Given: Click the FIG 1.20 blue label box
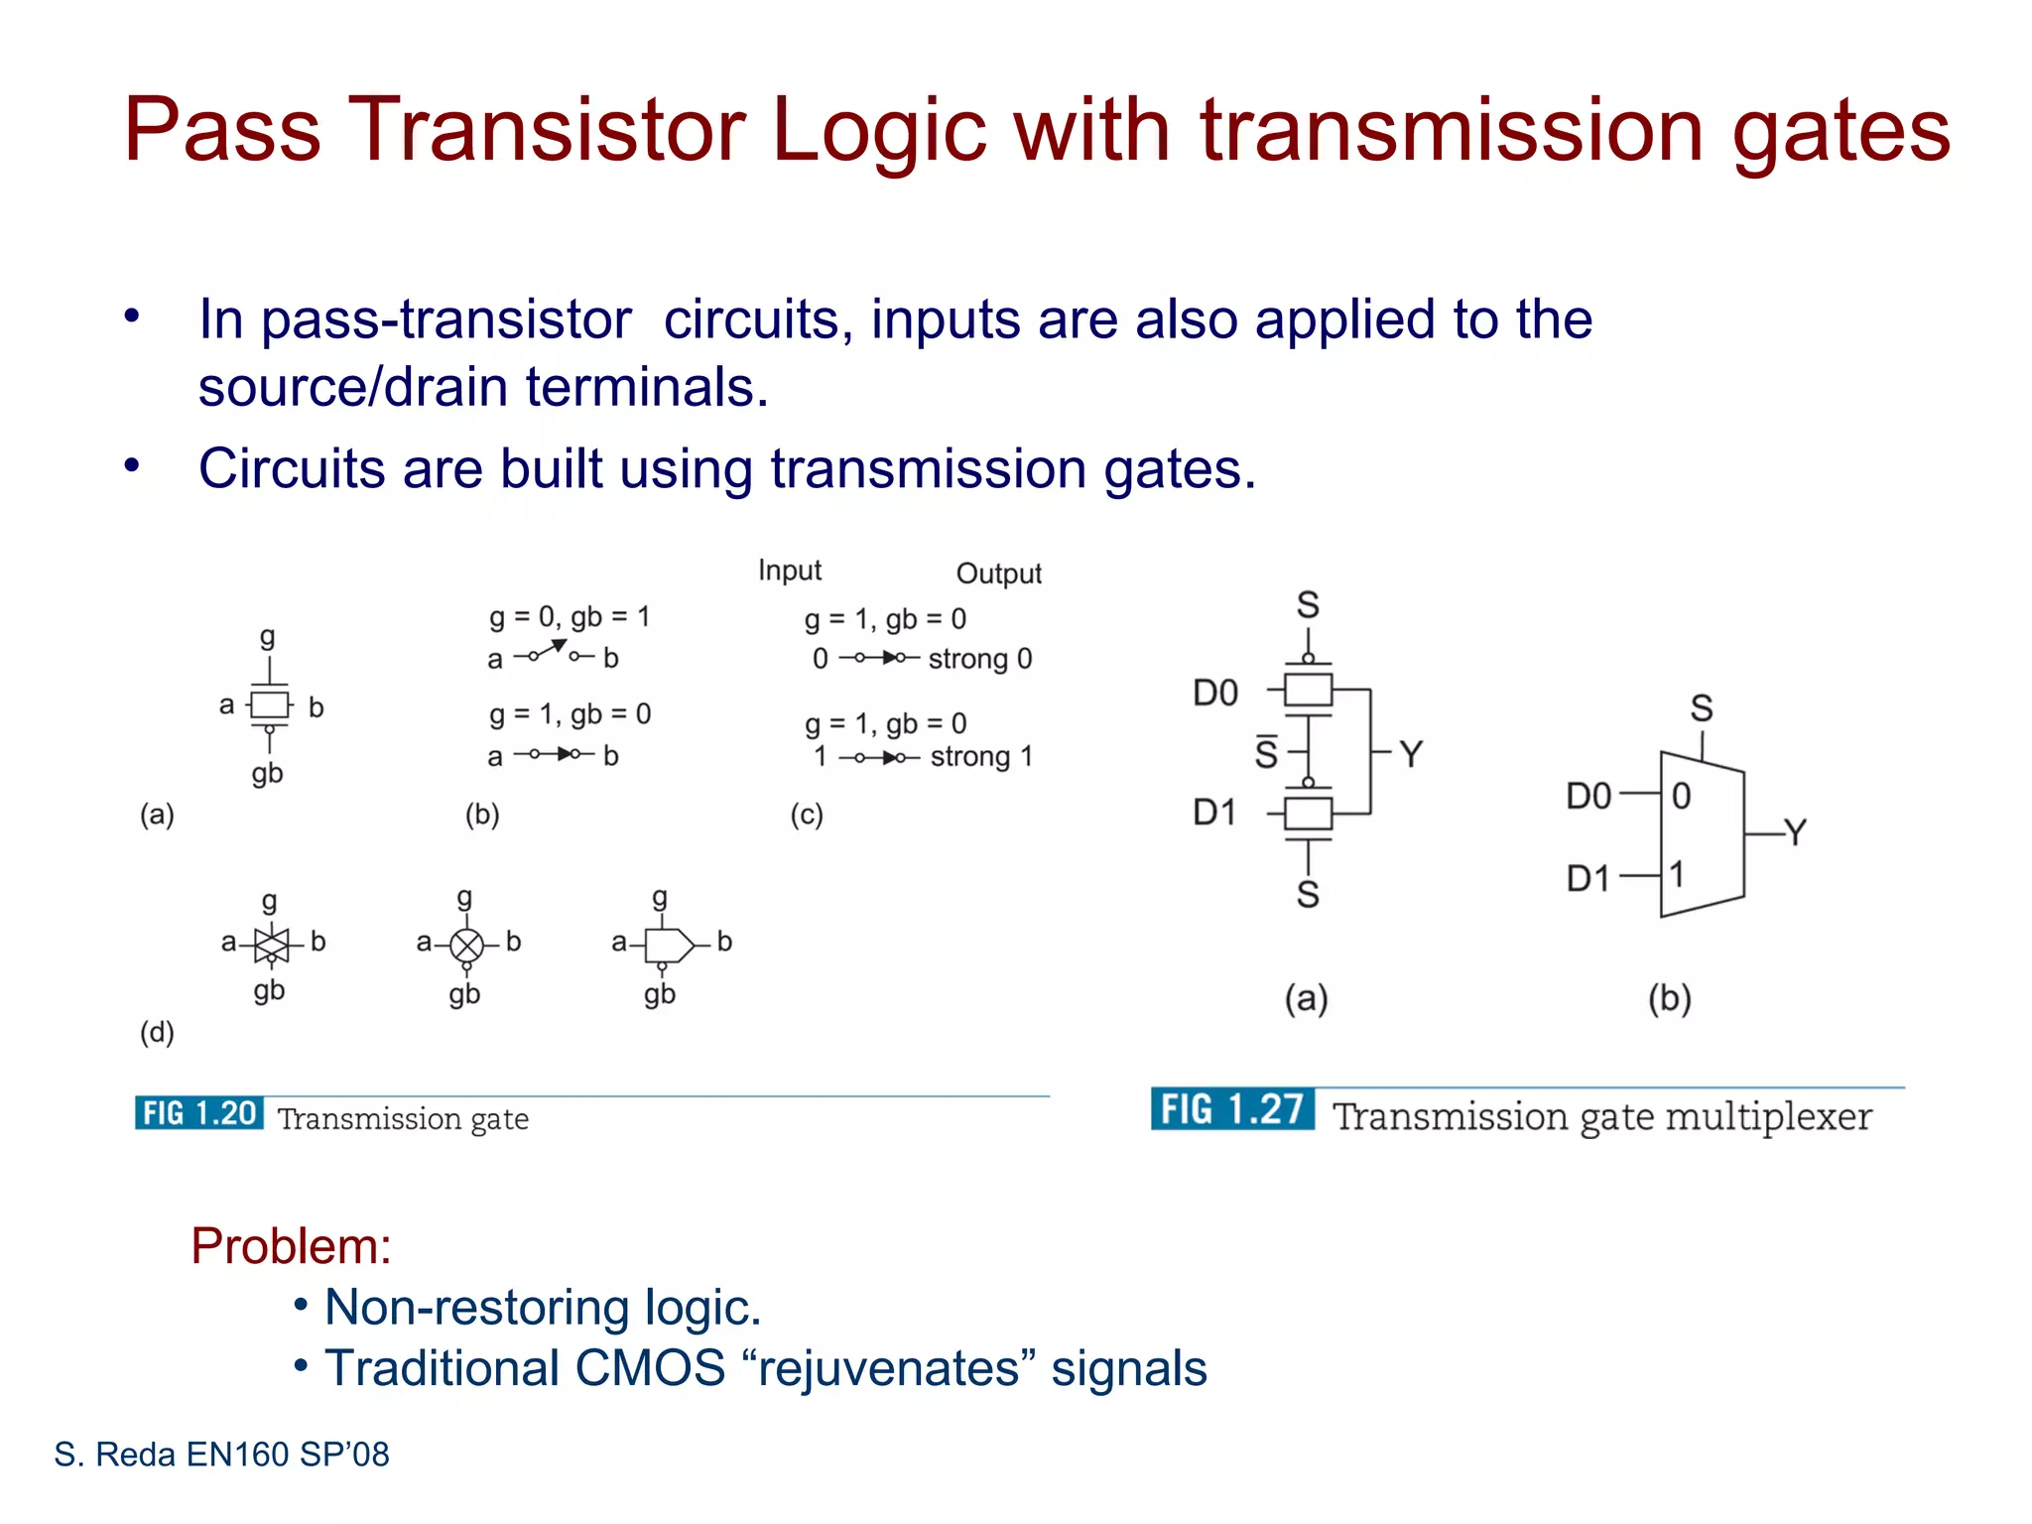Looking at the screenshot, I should (199, 1113).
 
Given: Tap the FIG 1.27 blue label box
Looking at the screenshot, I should (1232, 1109).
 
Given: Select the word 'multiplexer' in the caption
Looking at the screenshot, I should (1768, 1117).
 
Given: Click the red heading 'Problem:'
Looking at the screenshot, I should (291, 1246).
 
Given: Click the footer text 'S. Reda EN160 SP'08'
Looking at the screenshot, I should (221, 1455).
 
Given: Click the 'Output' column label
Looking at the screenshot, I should (998, 573).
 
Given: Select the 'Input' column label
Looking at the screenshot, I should (790, 571).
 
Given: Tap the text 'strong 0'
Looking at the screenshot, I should (980, 659).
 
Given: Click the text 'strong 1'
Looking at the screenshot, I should (981, 757).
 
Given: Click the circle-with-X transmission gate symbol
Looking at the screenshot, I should (466, 946).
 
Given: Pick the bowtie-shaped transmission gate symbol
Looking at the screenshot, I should (271, 945).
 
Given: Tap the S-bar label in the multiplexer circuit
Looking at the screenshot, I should (1266, 753).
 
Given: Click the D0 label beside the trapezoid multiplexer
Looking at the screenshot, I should (1588, 796).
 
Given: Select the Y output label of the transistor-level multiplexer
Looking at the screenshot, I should (1411, 754).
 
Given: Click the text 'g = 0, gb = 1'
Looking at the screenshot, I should (570, 617).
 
